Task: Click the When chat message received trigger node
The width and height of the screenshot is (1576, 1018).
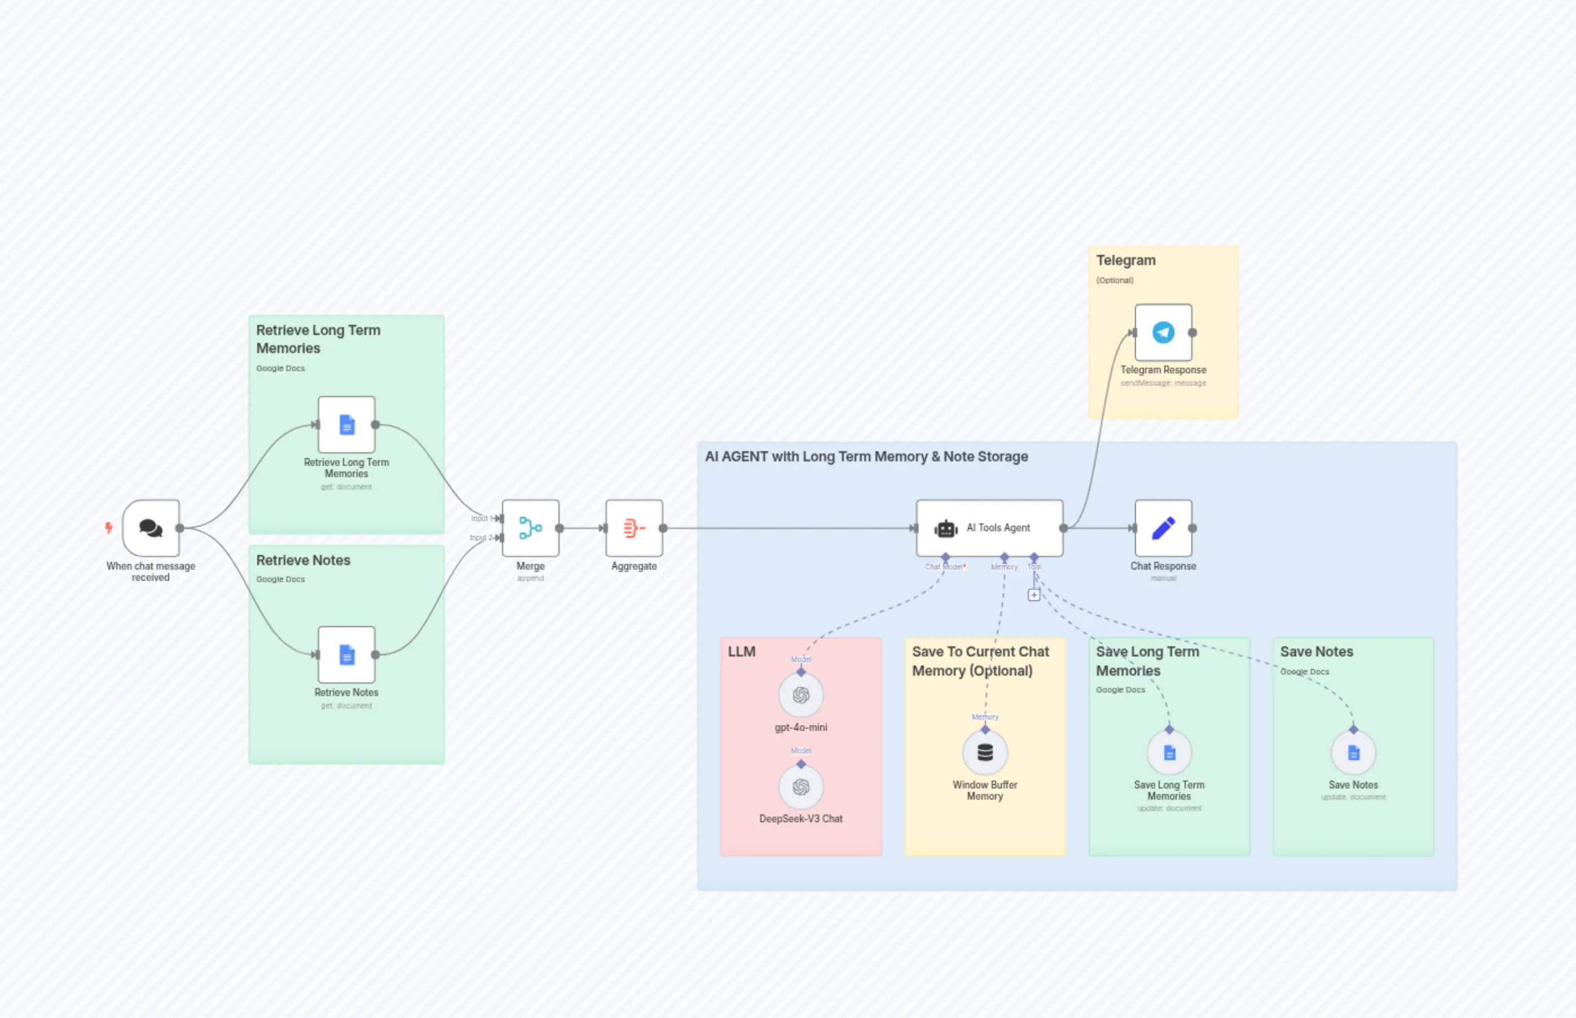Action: [151, 527]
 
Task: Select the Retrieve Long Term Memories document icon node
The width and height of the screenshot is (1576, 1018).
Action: [346, 424]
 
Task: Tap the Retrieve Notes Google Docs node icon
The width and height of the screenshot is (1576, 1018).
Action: [346, 654]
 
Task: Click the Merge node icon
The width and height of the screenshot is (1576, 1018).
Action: [530, 527]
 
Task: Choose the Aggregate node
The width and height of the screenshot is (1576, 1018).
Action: [634, 527]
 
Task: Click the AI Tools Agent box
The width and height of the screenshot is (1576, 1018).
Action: [989, 527]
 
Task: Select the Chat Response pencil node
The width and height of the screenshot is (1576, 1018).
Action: [1163, 527]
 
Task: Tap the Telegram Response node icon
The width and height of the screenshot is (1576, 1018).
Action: [1163, 333]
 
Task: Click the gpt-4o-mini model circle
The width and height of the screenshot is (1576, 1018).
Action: [800, 695]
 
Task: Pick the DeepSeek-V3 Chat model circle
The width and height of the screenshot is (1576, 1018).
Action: [800, 787]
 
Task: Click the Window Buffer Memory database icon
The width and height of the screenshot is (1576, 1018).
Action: [985, 752]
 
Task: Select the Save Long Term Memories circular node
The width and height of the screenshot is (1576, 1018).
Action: [1169, 752]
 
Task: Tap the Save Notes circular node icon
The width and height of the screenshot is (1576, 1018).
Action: [1353, 752]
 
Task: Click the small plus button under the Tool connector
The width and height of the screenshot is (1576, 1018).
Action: [1034, 595]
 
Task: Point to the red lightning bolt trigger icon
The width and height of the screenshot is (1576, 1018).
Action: [109, 527]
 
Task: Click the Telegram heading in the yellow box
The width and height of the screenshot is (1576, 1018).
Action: [1126, 261]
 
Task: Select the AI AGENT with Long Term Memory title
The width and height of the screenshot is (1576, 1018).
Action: [866, 457]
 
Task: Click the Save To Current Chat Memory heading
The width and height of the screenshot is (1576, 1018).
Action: [980, 660]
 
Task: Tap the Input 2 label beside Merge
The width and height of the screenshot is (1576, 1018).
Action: [481, 537]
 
